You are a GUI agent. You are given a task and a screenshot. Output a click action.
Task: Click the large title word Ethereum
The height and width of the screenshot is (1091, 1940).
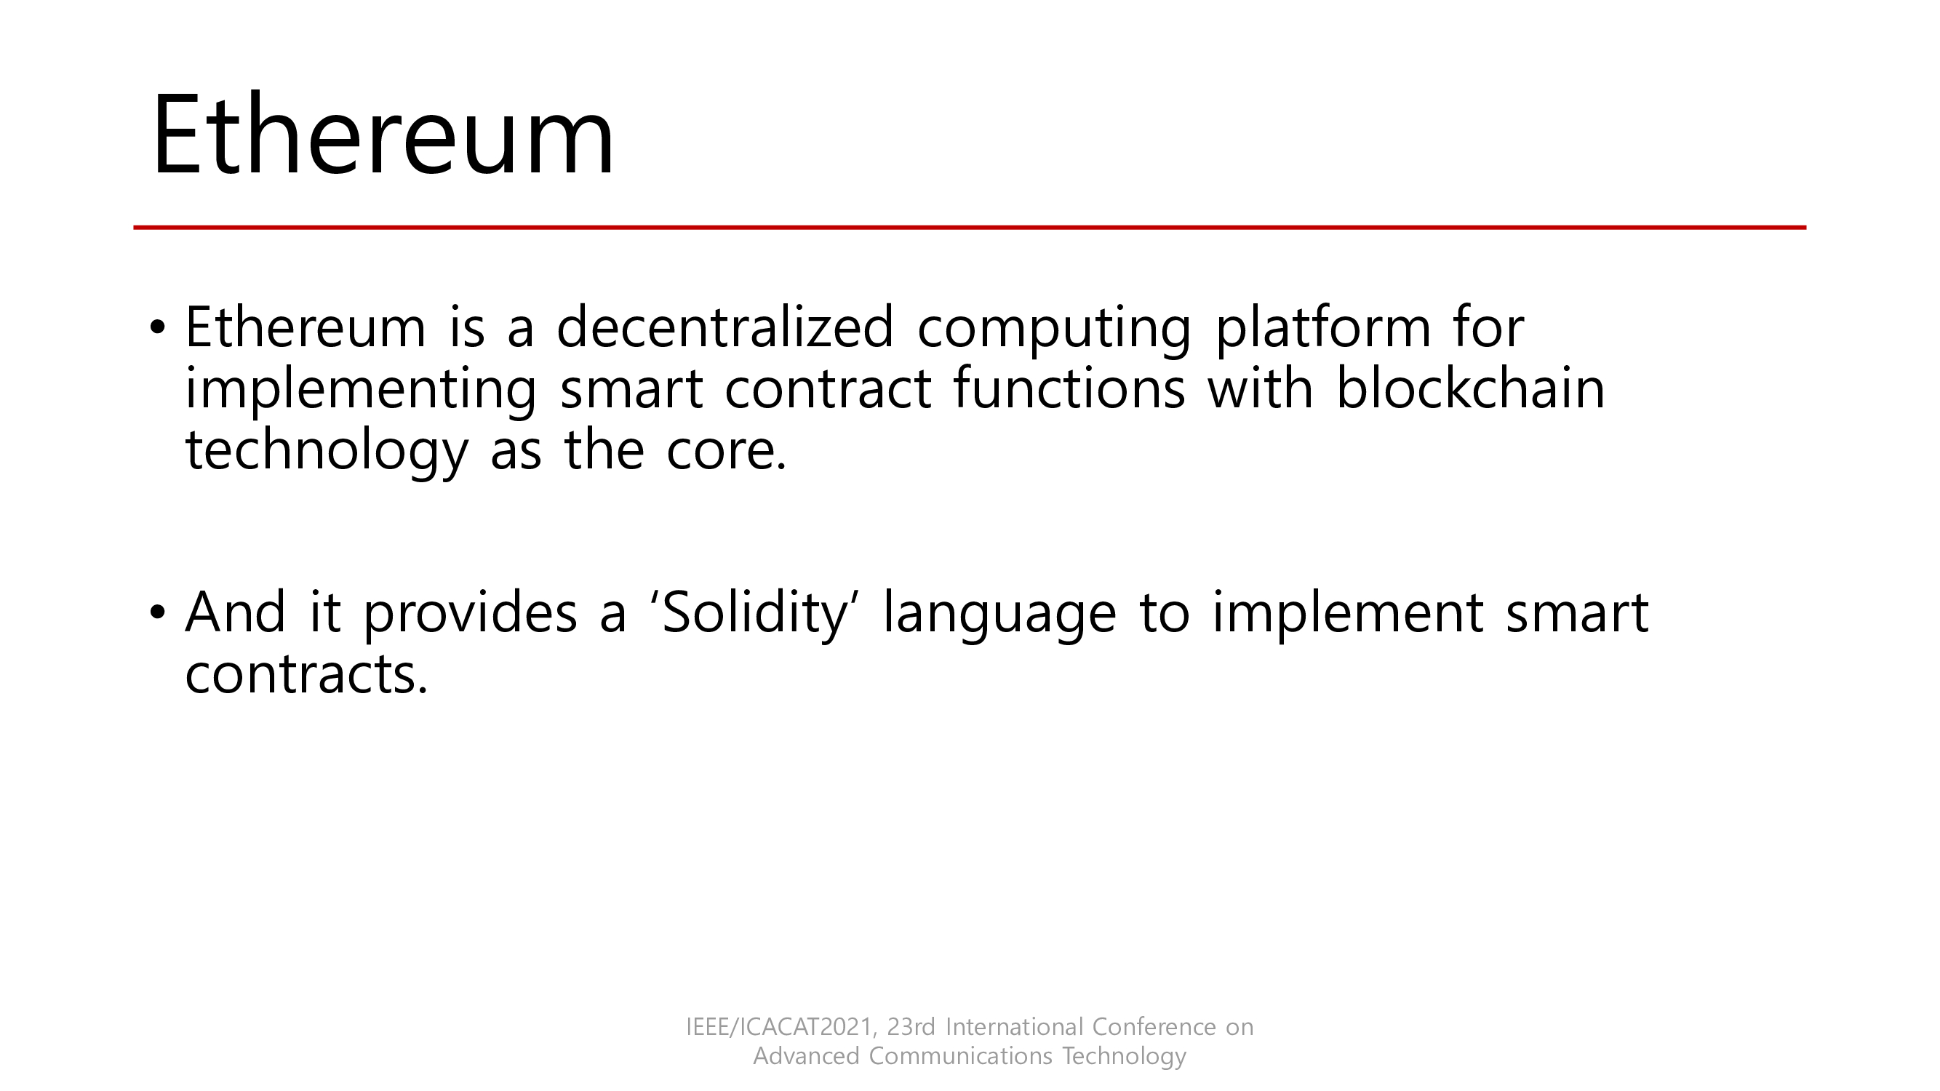tap(383, 135)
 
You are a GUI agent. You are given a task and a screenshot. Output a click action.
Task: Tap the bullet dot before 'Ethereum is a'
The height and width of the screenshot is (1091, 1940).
tap(156, 328)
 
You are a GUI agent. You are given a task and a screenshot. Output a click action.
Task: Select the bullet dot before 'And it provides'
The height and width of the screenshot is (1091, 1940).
tap(156, 612)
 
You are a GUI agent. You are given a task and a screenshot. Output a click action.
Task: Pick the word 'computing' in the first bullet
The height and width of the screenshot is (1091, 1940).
tap(1053, 331)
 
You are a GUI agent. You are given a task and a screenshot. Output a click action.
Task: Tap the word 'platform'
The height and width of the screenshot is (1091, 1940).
tap(1323, 330)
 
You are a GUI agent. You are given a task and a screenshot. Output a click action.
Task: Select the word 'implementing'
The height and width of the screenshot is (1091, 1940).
tap(361, 391)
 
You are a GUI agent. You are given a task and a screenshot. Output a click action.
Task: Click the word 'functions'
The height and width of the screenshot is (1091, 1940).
tap(1069, 388)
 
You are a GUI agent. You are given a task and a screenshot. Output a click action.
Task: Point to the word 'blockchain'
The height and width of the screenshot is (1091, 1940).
tap(1470, 388)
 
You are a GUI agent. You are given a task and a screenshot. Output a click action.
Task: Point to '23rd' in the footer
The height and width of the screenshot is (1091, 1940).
tap(911, 1027)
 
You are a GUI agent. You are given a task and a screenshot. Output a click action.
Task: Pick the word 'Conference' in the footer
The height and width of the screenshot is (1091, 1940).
tap(1153, 1027)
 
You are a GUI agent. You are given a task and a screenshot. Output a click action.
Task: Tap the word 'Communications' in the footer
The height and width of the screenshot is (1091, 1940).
tap(960, 1056)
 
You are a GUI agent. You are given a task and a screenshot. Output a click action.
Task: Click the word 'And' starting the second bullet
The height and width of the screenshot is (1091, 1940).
tap(235, 612)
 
